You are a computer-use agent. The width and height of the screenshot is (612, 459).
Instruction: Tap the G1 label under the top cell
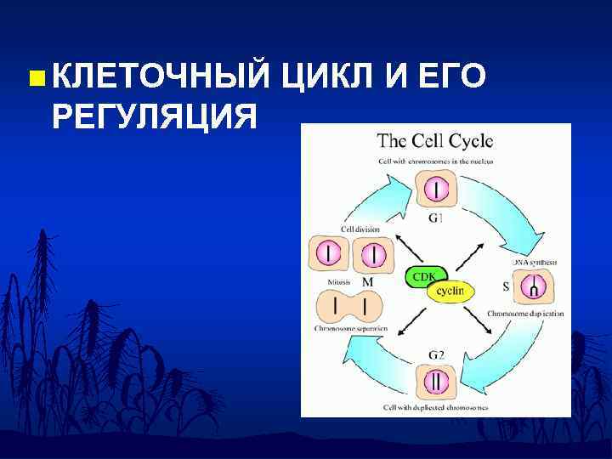(x=435, y=218)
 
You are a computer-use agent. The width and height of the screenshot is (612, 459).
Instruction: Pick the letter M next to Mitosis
(x=367, y=281)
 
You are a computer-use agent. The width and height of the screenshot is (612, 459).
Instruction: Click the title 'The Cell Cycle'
(x=435, y=141)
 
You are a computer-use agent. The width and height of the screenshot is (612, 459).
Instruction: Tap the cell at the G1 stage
(x=436, y=188)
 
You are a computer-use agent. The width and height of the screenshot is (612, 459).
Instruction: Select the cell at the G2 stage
(x=436, y=382)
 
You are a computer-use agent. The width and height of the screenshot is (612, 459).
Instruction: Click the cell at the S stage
(x=533, y=287)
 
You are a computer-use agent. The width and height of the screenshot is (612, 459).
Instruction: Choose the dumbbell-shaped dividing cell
(x=348, y=306)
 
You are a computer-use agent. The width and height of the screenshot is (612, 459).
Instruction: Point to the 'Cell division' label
(x=360, y=229)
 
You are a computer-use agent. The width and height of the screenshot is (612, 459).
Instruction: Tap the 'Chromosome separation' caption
(x=350, y=328)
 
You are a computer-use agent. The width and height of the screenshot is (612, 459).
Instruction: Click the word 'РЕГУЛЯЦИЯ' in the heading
(x=154, y=116)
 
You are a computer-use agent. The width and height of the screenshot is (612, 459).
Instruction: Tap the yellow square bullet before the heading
(x=34, y=79)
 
